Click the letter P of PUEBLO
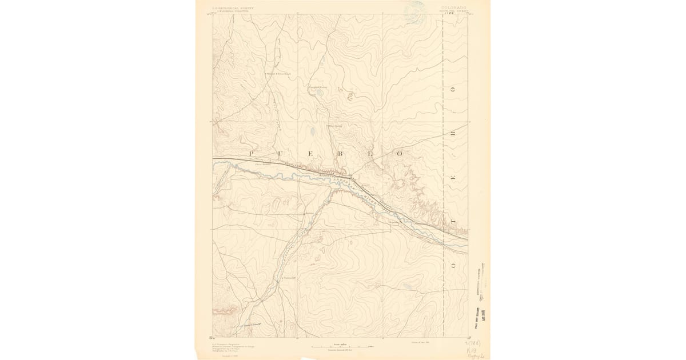coord(250,154)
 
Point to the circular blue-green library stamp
coord(416,10)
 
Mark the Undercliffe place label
coord(290,278)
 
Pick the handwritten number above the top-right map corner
coord(455,13)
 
